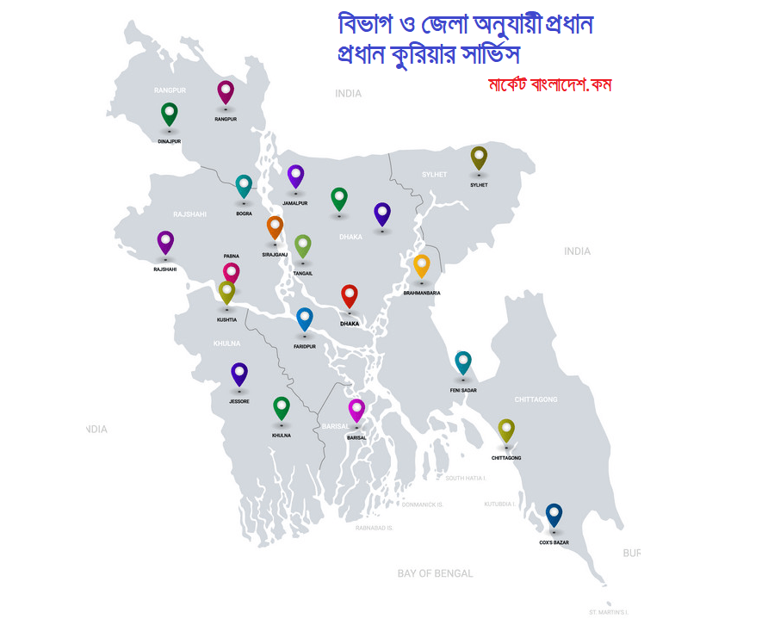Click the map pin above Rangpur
pos(226,91)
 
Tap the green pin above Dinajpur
pos(170,113)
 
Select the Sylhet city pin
pos(479,158)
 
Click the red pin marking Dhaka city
pos(350,295)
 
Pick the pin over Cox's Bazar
pos(554,515)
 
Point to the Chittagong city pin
pos(506,430)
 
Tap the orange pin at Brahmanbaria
pos(422,265)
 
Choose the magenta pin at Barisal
pos(356,410)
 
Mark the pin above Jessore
pos(239,374)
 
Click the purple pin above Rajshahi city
pos(165,242)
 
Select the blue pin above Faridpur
pos(305,319)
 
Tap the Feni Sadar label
pos(463,390)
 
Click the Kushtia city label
pos(226,319)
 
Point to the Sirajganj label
pos(275,255)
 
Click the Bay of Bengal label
pos(435,573)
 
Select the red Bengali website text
pos(549,85)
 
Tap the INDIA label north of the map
pos(349,93)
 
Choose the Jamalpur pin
pos(295,176)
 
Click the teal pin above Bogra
pos(245,186)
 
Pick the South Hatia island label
pos(466,478)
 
